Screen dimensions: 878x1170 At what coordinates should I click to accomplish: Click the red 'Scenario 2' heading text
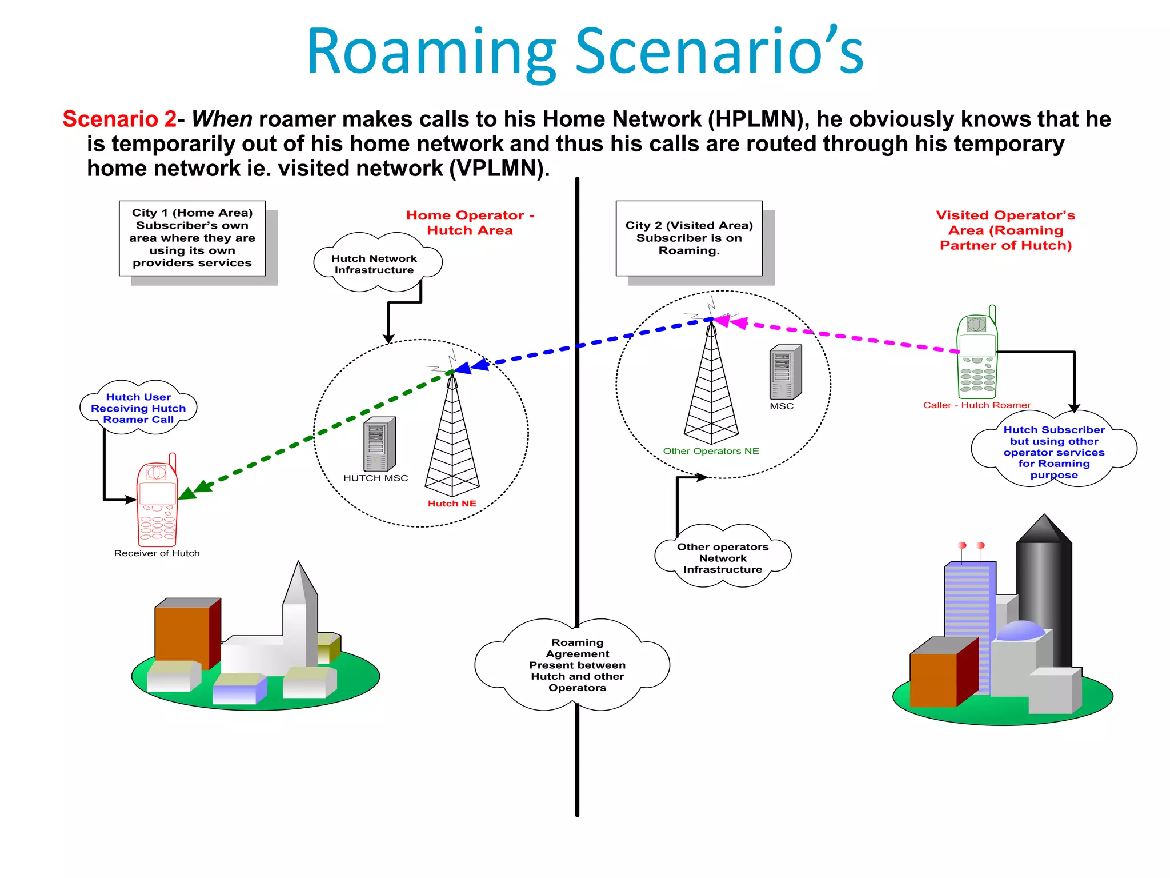click(119, 119)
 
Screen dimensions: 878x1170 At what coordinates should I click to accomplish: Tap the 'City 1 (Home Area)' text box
click(192, 238)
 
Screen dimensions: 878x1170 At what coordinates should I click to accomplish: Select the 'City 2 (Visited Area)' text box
click(689, 238)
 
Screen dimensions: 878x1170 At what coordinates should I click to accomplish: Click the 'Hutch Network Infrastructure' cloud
click(375, 264)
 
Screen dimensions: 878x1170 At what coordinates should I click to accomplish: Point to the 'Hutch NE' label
click(452, 504)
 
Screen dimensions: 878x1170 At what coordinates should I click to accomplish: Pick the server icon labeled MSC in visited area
click(786, 372)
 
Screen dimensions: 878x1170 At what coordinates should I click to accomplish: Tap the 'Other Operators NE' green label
click(711, 451)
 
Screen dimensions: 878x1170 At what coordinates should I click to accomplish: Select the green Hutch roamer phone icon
click(977, 354)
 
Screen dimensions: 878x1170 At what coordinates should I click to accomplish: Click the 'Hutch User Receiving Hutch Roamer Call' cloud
click(138, 408)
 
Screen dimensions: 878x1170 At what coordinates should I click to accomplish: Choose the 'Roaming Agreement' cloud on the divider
click(577, 665)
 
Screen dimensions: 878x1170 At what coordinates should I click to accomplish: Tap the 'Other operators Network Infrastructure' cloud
click(723, 558)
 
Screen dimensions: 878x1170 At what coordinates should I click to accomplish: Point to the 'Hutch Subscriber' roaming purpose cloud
click(1054, 452)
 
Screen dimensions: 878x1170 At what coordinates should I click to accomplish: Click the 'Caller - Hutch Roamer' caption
click(977, 405)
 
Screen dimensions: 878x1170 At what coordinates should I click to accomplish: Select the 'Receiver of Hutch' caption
click(157, 553)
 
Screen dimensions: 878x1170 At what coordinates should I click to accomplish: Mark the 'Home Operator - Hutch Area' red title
click(470, 223)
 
